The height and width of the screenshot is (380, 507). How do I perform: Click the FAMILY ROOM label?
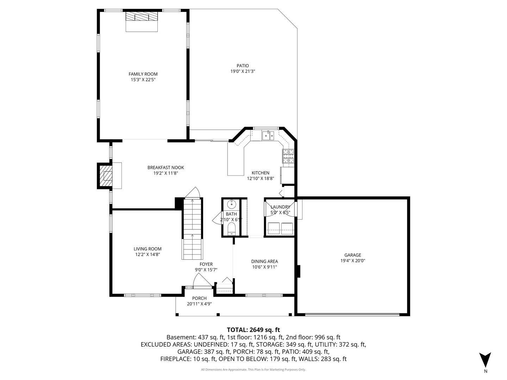[x=143, y=74]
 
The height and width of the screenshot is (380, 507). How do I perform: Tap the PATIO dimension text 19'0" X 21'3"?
[x=243, y=71]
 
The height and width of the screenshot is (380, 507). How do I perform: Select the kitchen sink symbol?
[x=268, y=135]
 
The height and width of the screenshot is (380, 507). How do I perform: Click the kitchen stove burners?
[x=288, y=156]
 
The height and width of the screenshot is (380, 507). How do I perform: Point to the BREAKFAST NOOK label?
[x=165, y=167]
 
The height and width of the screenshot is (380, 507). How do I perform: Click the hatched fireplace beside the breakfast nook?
[x=106, y=176]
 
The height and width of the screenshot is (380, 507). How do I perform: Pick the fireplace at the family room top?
[x=142, y=17]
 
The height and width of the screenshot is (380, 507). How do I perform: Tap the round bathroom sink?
[x=231, y=204]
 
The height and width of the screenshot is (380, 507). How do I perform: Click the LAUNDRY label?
[x=280, y=207]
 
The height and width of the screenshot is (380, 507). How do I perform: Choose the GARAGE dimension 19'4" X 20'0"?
[x=353, y=261]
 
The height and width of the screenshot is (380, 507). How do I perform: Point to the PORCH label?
[x=199, y=298]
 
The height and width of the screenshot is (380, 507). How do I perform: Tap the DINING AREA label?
[x=264, y=261]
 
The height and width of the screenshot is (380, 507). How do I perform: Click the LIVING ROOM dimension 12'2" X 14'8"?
[x=148, y=254]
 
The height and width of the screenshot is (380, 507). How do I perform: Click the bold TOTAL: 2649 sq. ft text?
[x=254, y=330]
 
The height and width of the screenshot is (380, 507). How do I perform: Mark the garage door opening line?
[x=352, y=314]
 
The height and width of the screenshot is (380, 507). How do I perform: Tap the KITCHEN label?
[x=260, y=173]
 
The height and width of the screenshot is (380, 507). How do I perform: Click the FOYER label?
[x=206, y=264]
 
